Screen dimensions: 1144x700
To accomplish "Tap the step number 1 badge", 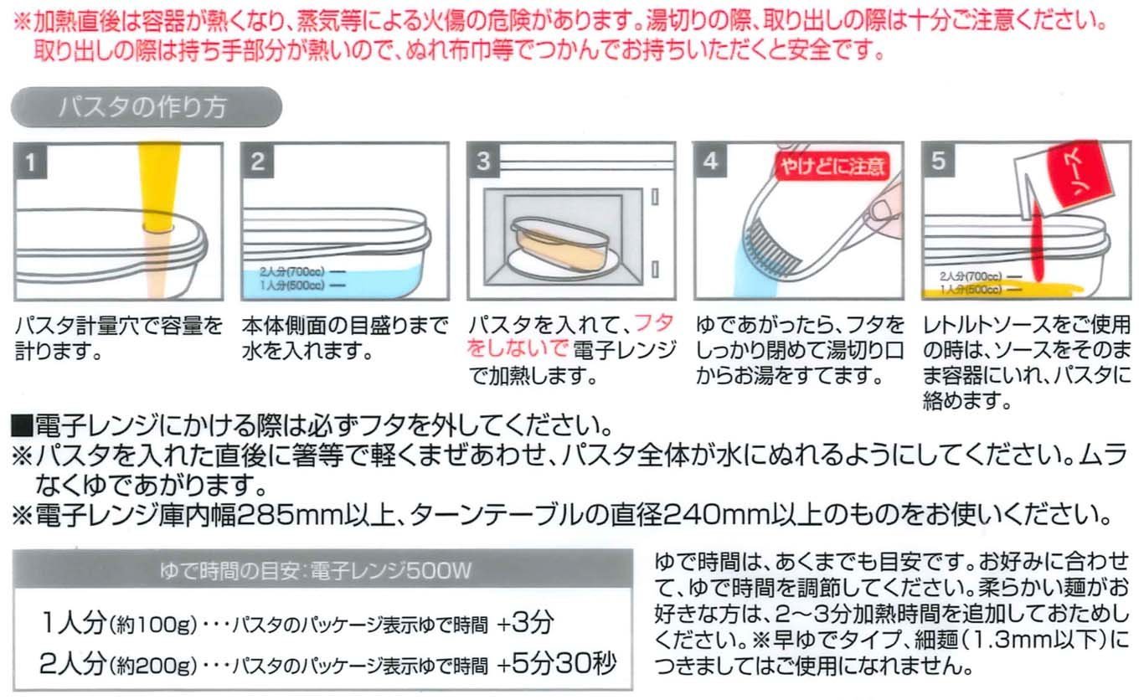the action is [31, 162].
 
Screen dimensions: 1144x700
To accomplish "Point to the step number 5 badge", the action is [939, 160].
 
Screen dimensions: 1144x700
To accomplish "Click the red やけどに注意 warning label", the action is [832, 166].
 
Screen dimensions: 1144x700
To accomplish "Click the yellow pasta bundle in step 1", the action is [159, 187].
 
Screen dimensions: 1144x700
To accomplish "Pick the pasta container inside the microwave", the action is [559, 245].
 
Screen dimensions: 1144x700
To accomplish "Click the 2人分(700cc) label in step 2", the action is [291, 271].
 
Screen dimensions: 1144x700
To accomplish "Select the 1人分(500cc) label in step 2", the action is [291, 285].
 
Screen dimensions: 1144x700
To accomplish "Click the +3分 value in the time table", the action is [525, 623].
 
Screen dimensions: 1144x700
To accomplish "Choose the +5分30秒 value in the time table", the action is [556, 663].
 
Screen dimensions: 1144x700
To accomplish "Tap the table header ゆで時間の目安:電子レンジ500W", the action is [316, 570].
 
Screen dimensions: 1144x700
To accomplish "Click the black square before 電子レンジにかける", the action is [22, 426].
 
